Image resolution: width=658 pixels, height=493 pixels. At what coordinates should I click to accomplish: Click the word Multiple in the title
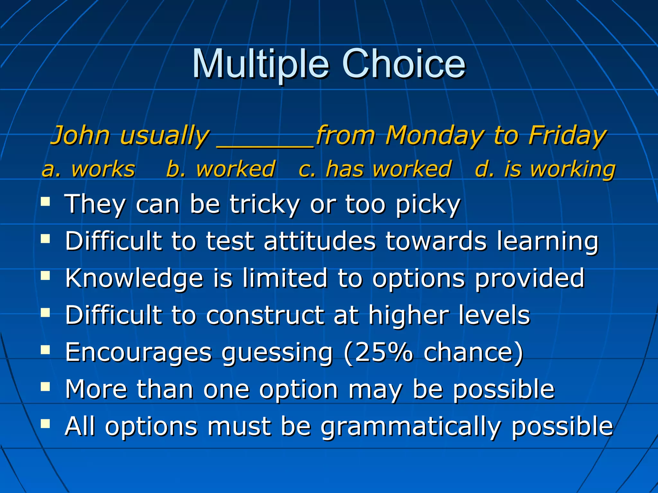click(260, 64)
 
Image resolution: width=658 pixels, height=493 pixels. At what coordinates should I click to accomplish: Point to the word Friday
click(567, 136)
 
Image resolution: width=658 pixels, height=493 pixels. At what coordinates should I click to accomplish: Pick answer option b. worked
click(221, 169)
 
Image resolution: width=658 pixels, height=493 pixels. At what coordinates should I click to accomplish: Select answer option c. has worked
click(375, 169)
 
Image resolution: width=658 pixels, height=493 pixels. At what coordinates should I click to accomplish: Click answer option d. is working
click(545, 169)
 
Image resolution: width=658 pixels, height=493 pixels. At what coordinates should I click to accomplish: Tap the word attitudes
click(319, 241)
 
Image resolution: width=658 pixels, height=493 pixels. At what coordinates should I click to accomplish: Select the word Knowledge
click(134, 278)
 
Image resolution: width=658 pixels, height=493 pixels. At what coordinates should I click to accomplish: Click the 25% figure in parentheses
click(384, 352)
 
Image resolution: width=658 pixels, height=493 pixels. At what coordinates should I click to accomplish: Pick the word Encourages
click(138, 352)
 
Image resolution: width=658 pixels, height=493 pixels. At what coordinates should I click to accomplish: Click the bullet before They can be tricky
click(45, 202)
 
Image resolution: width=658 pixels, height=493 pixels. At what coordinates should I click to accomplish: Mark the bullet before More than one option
click(45, 387)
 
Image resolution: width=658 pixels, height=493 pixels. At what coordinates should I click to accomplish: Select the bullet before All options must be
click(45, 424)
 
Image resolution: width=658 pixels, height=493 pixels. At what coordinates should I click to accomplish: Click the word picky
click(428, 204)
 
